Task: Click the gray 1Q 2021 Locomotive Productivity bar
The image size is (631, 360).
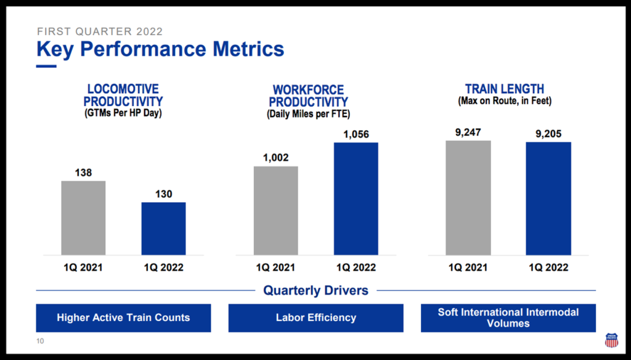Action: [83, 218]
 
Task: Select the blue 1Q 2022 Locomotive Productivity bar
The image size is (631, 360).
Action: [163, 229]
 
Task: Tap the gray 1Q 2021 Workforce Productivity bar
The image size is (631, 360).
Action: [275, 211]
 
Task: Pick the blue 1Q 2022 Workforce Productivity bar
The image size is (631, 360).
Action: [356, 199]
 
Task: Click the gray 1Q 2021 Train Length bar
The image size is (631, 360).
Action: [468, 198]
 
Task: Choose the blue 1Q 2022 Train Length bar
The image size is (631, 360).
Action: [548, 198]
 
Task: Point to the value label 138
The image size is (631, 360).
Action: [83, 173]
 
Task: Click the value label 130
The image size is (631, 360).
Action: [164, 194]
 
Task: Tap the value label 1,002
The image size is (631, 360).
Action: [275, 158]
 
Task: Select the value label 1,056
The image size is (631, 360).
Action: [356, 134]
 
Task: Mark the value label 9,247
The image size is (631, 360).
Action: [468, 133]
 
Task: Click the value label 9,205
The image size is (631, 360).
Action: [548, 134]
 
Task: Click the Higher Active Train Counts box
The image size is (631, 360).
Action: [123, 317]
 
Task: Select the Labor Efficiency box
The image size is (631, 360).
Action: [316, 317]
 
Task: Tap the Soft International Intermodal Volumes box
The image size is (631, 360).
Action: [508, 317]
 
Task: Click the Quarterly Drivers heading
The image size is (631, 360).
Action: [316, 290]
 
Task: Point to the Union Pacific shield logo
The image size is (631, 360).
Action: [611, 340]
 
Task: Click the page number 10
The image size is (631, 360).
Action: [40, 341]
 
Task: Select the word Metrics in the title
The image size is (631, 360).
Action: [248, 49]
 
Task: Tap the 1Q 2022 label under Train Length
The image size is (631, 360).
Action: [548, 268]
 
